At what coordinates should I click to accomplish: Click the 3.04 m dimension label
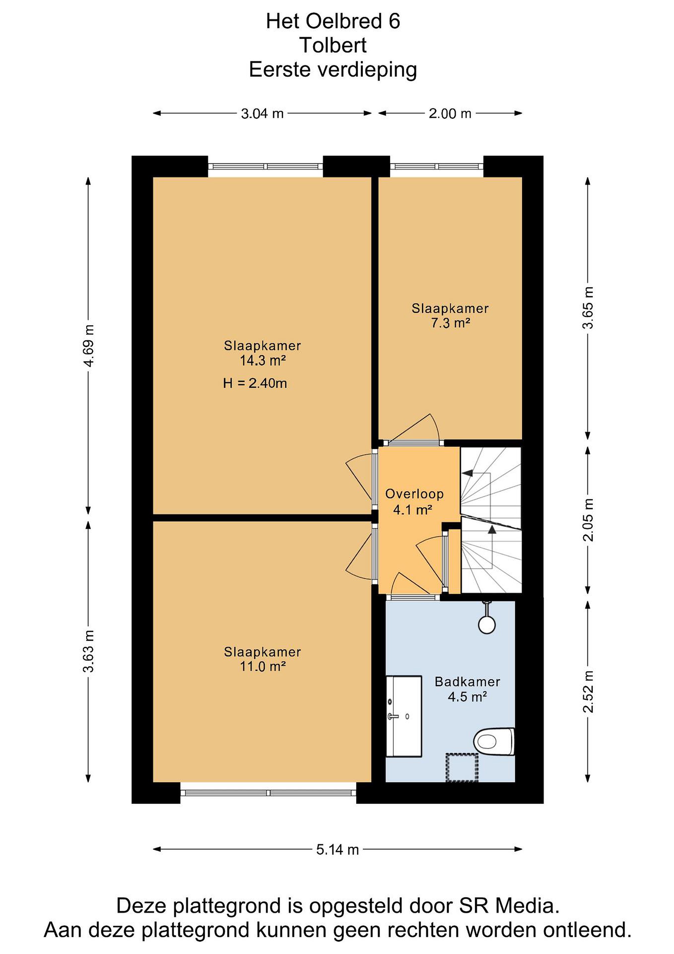pos(262,113)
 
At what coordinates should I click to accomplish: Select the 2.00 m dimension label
pos(450,113)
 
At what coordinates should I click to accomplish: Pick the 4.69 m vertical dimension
pos(89,346)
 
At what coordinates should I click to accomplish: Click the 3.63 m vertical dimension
pos(89,651)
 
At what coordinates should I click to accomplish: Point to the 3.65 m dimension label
pos(588,308)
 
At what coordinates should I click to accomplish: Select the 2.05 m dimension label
pos(588,520)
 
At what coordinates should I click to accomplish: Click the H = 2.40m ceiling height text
pos(255,383)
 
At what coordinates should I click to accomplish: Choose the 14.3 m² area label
pos(263,361)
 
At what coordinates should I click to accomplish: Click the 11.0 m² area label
pos(263,666)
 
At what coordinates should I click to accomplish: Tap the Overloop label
pos(414,494)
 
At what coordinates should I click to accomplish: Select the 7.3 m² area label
pos(450,323)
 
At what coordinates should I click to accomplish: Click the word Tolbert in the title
pos(333,45)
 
